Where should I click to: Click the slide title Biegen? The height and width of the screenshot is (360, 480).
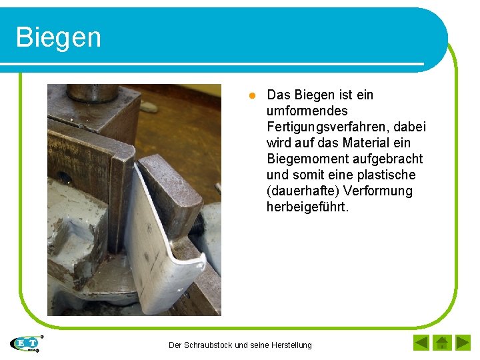click(x=59, y=37)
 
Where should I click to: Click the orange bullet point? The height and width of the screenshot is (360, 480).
click(x=252, y=95)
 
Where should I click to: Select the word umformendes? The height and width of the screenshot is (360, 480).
click(x=307, y=111)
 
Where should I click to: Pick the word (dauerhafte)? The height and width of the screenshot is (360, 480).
click(x=303, y=191)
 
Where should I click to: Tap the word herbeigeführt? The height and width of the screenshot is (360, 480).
click(x=307, y=207)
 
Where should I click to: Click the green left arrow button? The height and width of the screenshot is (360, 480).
click(x=421, y=343)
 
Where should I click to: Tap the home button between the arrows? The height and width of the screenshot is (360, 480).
click(x=442, y=343)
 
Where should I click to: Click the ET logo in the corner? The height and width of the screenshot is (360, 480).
click(x=27, y=343)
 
